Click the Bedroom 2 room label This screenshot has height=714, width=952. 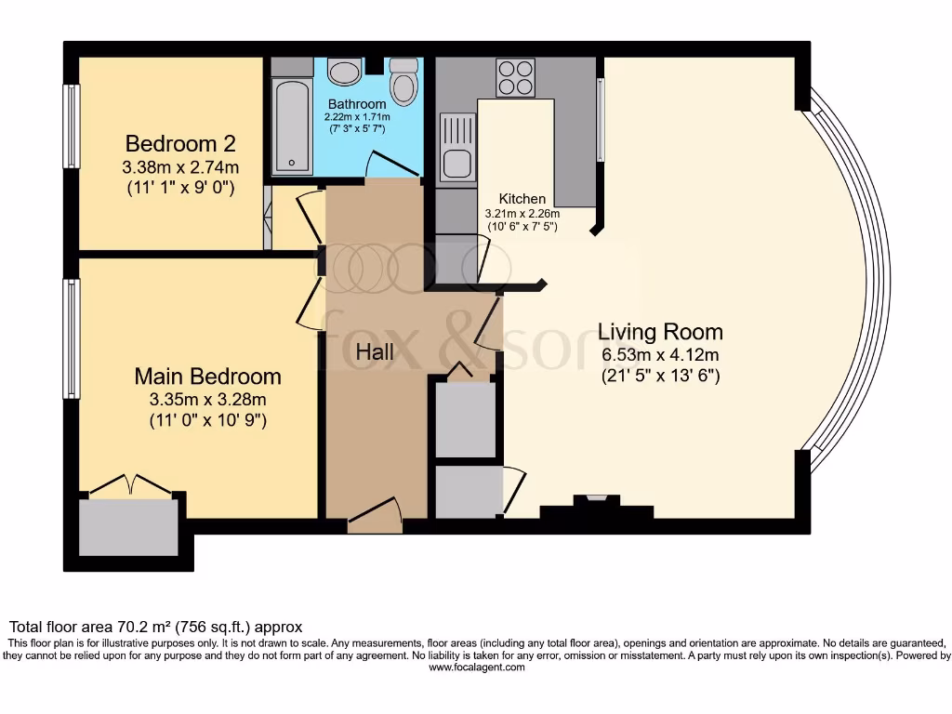point(180,144)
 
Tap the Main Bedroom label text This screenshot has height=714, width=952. point(207,377)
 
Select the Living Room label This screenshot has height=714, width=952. point(659,332)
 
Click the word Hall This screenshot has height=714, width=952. point(375,352)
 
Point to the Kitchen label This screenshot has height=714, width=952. point(522,199)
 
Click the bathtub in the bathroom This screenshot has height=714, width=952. point(292,126)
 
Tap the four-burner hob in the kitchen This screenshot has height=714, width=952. point(515,77)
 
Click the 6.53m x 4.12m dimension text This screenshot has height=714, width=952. point(659,355)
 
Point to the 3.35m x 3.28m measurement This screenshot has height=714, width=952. point(207,400)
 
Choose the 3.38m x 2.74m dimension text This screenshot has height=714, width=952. point(180,167)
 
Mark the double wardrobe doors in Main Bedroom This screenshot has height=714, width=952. point(130,485)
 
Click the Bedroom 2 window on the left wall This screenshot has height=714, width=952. point(71,126)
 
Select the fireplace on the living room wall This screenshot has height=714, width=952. point(596,507)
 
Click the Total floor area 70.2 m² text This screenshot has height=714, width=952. point(155,628)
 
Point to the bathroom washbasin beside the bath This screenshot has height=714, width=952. point(346,73)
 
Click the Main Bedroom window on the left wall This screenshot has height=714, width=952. point(71,338)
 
